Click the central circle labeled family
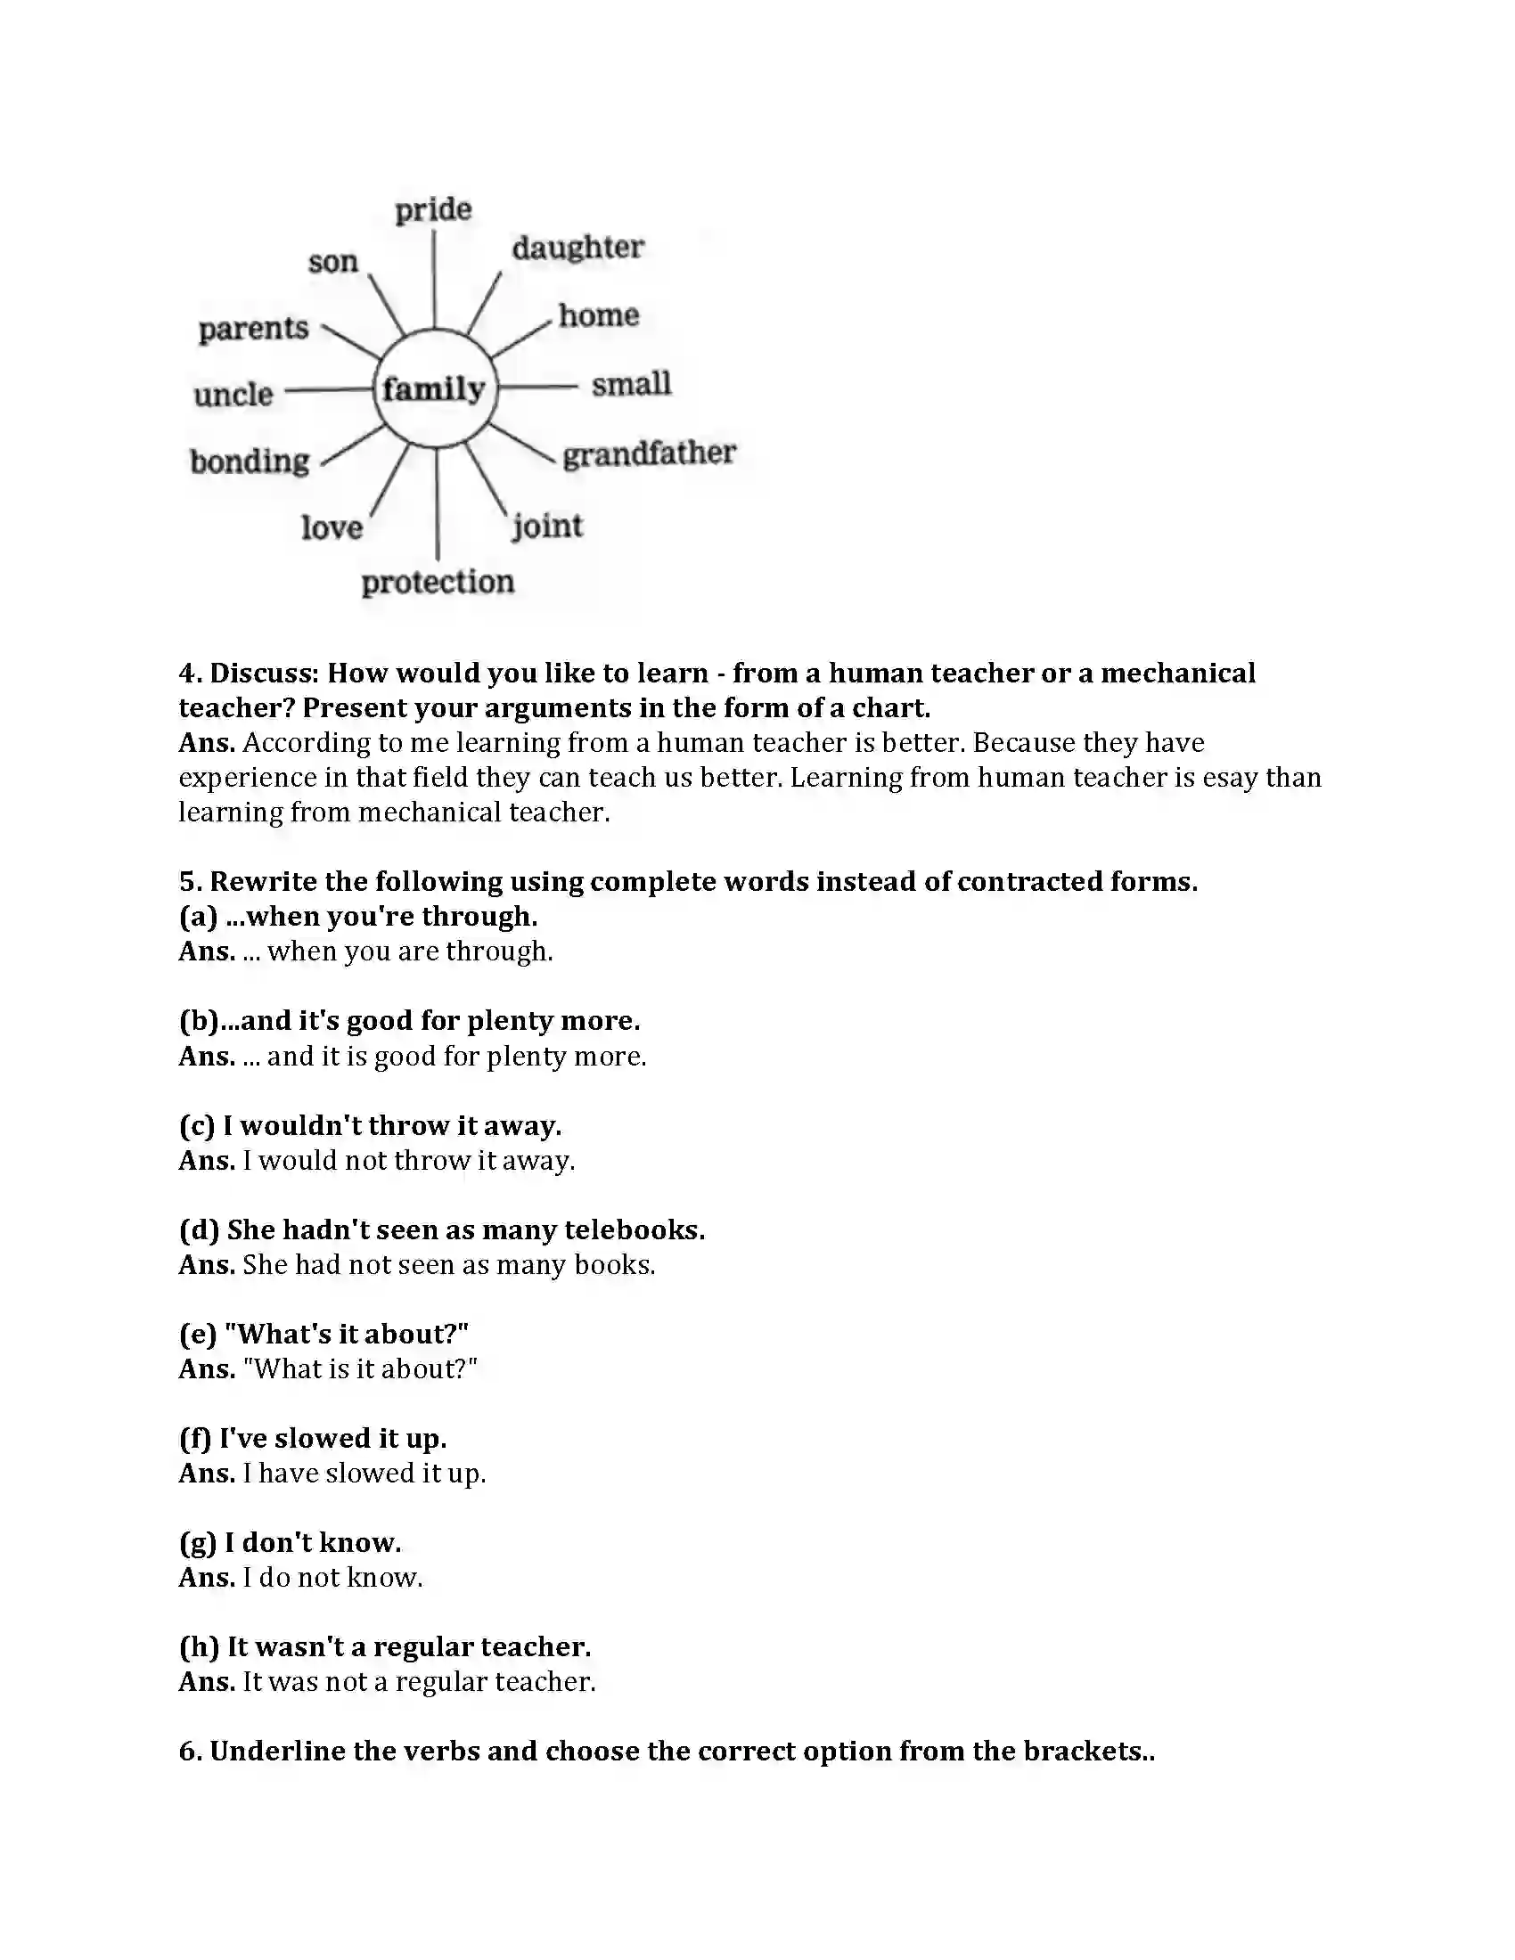[x=434, y=388]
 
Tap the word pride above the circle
[x=433, y=209]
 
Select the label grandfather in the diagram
[x=649, y=454]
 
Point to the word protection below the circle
[x=438, y=583]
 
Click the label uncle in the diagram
[x=233, y=394]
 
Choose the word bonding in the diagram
[x=250, y=461]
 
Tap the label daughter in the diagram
[x=578, y=248]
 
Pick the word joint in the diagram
[x=547, y=526]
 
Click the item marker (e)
[x=198, y=1335]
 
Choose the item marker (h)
[x=199, y=1646]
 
